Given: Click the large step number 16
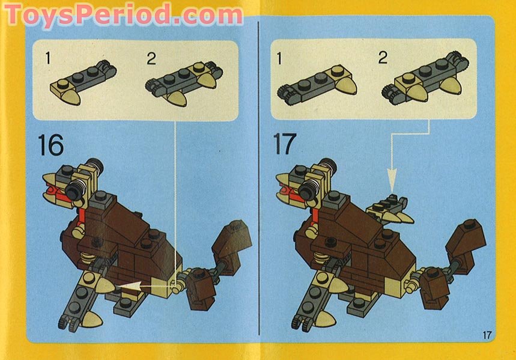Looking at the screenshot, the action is pos(50,145).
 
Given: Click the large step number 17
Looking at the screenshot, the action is pos(285,144).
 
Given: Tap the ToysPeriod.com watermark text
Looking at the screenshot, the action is pos(124,15).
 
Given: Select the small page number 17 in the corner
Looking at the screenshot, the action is pos(487,335).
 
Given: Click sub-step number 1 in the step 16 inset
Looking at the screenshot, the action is pos(49,58).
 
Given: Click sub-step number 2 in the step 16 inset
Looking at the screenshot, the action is pos(151,59).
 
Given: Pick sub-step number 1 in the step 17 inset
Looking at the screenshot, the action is pos(279,59).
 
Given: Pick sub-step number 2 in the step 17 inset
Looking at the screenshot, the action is pos(383,58).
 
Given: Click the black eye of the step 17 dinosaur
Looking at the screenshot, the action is pos(308,190).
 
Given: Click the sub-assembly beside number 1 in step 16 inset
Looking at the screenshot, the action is pos(83,83).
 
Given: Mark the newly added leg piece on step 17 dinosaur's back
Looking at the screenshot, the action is pos(390,210).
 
